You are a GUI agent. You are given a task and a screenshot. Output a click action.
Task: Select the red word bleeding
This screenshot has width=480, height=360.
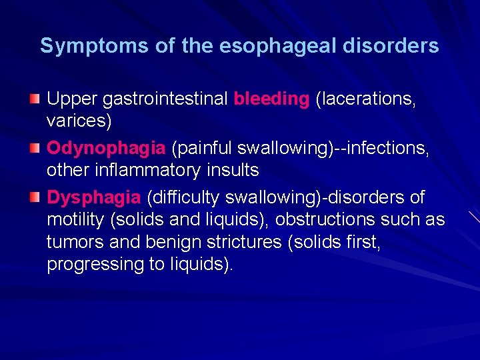[271, 99]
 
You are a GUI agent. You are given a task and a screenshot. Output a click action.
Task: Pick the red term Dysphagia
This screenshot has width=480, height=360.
[94, 198]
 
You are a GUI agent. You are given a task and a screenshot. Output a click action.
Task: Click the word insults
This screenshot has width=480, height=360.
[233, 171]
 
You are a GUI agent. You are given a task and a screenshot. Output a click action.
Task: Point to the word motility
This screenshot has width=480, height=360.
[73, 220]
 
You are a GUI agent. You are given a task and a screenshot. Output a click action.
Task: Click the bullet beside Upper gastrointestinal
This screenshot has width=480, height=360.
[35, 99]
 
